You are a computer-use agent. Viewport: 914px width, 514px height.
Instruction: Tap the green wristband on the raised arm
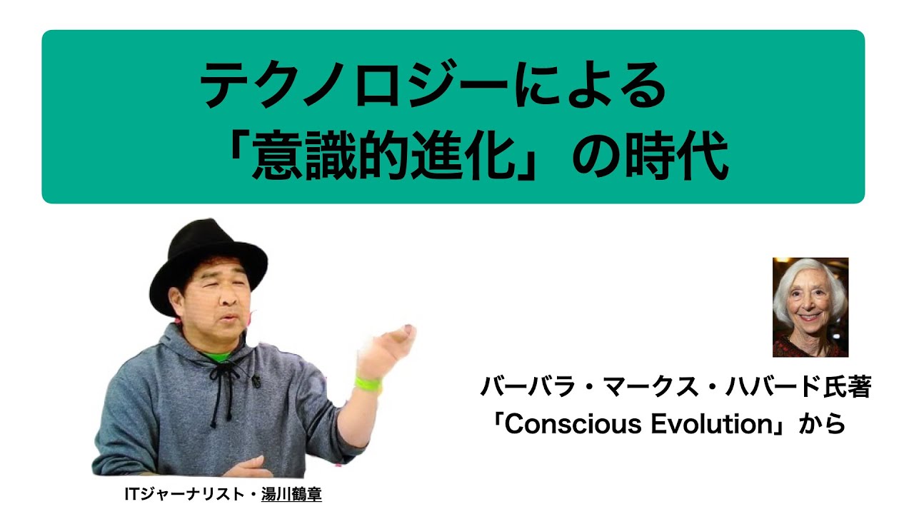click(368, 384)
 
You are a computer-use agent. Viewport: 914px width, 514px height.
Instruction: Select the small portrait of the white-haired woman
click(810, 307)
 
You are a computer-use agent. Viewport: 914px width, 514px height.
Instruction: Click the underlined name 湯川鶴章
click(291, 495)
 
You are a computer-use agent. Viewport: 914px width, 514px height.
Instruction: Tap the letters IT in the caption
click(133, 495)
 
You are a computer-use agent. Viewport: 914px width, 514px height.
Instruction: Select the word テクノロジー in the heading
click(354, 84)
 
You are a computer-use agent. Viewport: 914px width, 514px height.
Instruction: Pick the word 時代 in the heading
click(677, 155)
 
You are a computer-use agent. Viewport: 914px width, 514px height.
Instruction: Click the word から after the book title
click(822, 424)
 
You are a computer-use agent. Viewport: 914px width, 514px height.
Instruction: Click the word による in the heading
click(591, 84)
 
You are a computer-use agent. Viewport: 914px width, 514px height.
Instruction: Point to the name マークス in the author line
click(651, 387)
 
